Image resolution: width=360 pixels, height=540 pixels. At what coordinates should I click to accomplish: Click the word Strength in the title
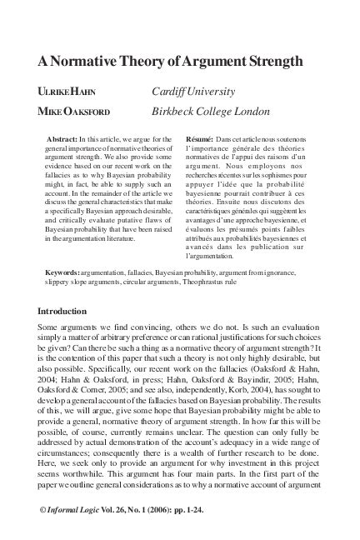pyautogui.click(x=272, y=62)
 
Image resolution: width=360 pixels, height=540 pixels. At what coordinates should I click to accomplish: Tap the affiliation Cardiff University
pyautogui.click(x=193, y=91)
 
